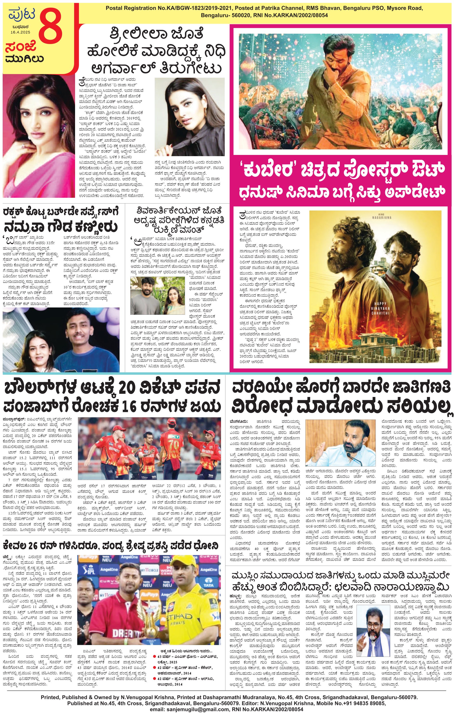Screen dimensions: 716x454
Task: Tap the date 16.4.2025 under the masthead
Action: tap(20, 32)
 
